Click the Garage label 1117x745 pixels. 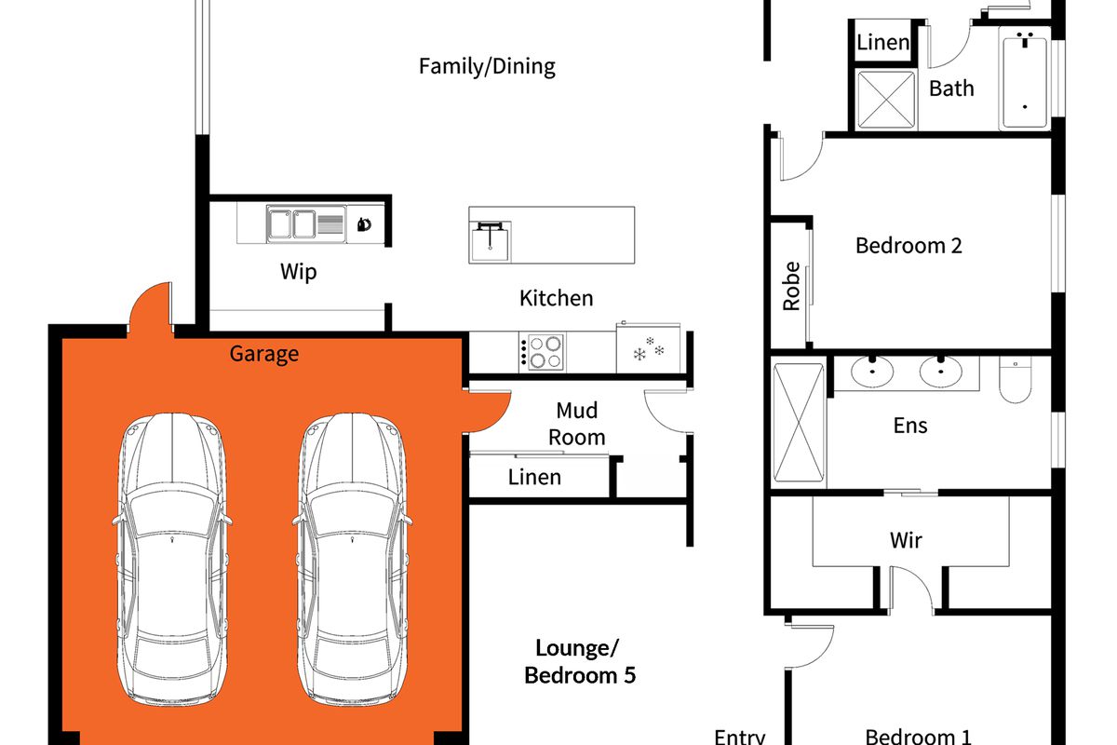pyautogui.click(x=263, y=354)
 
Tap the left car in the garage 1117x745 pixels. pyautogui.click(x=172, y=559)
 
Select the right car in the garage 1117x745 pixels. pyautogui.click(x=352, y=559)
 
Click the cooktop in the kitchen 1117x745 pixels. pyautogui.click(x=542, y=352)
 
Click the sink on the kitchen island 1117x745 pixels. pyautogui.click(x=491, y=241)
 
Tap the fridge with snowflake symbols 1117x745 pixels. pyautogui.click(x=648, y=347)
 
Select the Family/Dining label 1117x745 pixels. pyautogui.click(x=487, y=66)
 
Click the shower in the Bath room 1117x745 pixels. pyautogui.click(x=885, y=100)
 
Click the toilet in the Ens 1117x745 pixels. pyautogui.click(x=1016, y=379)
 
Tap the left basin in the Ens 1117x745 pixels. pyautogui.click(x=872, y=372)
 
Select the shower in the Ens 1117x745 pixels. pyautogui.click(x=799, y=423)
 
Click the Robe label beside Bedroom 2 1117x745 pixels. pyautogui.click(x=791, y=286)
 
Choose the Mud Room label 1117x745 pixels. pyautogui.click(x=577, y=424)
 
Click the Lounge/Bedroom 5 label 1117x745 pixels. pyautogui.click(x=579, y=662)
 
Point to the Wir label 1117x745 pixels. pyautogui.click(x=906, y=540)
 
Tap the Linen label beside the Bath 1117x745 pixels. pyautogui.click(x=882, y=43)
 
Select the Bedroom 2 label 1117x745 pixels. pyautogui.click(x=908, y=246)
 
